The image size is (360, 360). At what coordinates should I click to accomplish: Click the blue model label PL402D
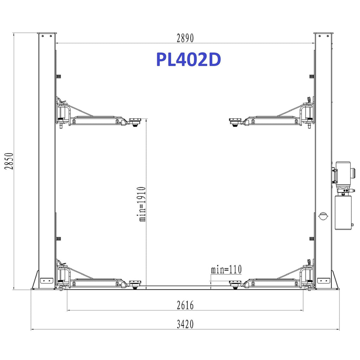(188, 59)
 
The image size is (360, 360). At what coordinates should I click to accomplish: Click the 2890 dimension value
(185, 38)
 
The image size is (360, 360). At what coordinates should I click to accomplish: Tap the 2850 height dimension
(9, 161)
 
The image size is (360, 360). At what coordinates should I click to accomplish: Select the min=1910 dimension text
(142, 204)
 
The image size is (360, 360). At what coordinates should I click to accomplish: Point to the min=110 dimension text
(226, 269)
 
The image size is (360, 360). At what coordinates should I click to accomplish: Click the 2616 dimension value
(185, 305)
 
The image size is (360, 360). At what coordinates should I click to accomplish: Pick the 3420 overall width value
(185, 324)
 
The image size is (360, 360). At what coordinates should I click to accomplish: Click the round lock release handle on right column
(323, 216)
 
